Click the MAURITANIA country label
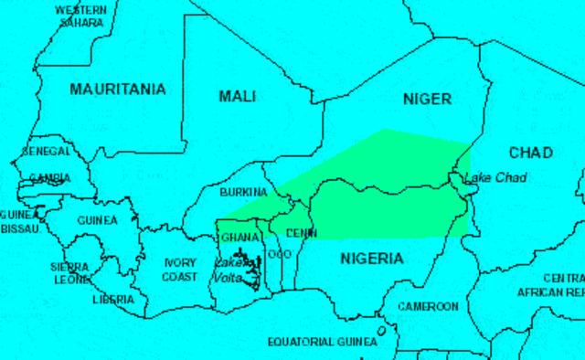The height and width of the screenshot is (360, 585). pyautogui.click(x=118, y=90)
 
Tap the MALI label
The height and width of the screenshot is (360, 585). pyautogui.click(x=238, y=96)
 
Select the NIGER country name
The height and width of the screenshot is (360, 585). pyautogui.click(x=427, y=99)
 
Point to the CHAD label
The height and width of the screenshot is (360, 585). pyautogui.click(x=530, y=152)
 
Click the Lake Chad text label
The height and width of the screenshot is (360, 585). pyautogui.click(x=495, y=177)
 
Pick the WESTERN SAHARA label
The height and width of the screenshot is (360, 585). pyautogui.click(x=80, y=16)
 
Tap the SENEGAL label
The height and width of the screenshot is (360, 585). pyautogui.click(x=47, y=151)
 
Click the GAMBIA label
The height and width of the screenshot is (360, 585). pyautogui.click(x=49, y=178)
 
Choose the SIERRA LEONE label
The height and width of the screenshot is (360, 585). pyautogui.click(x=69, y=273)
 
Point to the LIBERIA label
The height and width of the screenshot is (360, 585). pyautogui.click(x=113, y=299)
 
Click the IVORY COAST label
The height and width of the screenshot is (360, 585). pyautogui.click(x=179, y=270)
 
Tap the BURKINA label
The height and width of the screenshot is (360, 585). pyautogui.click(x=243, y=193)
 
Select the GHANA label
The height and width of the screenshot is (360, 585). pyautogui.click(x=240, y=237)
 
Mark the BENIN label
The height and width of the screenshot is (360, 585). pyautogui.click(x=301, y=233)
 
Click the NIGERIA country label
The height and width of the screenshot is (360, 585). pyautogui.click(x=371, y=259)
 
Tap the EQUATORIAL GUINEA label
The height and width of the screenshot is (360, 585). pyautogui.click(x=322, y=342)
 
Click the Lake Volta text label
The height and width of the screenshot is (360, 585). pyautogui.click(x=229, y=269)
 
